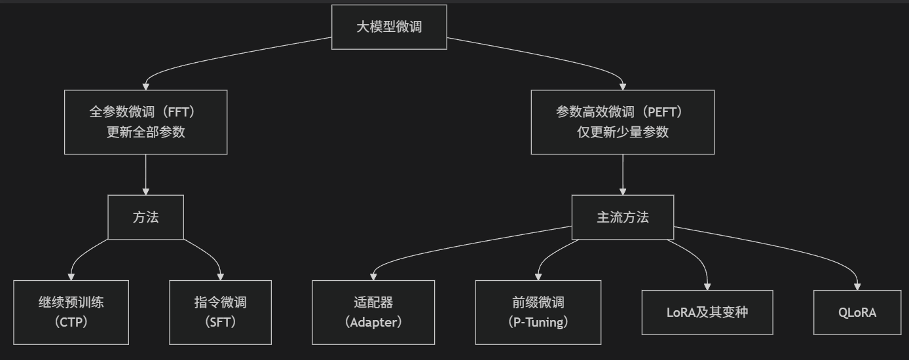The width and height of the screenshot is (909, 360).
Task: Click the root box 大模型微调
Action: coord(389,27)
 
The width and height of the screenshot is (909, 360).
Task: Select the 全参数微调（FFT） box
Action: coord(145,122)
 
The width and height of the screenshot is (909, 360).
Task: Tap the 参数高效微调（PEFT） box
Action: coord(622,122)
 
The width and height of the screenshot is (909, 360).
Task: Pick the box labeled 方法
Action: coord(145,217)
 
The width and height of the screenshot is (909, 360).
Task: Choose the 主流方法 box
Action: coord(622,217)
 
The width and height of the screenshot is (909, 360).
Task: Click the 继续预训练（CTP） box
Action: coord(71,312)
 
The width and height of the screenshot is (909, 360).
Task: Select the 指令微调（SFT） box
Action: coord(220,312)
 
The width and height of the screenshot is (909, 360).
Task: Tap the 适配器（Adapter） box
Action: coord(373,312)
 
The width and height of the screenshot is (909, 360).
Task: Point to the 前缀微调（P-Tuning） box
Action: coord(538,312)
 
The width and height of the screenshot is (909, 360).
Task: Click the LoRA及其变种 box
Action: coord(707,312)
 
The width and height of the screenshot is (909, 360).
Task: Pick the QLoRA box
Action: coord(857,312)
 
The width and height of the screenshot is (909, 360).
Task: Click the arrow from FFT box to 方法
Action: coord(145,173)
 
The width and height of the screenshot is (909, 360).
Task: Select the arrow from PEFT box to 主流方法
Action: coord(622,173)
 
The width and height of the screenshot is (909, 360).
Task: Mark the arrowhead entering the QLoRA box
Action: coord(857,286)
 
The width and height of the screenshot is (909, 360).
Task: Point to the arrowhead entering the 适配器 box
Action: coord(373,276)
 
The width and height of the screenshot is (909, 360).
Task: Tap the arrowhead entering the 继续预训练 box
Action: coord(71,276)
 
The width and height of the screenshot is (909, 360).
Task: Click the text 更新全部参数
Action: coord(145,132)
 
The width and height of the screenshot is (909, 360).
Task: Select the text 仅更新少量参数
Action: coord(622,132)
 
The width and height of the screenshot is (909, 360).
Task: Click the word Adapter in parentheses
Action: coord(373,322)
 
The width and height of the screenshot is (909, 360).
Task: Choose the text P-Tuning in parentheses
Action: coord(538,322)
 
